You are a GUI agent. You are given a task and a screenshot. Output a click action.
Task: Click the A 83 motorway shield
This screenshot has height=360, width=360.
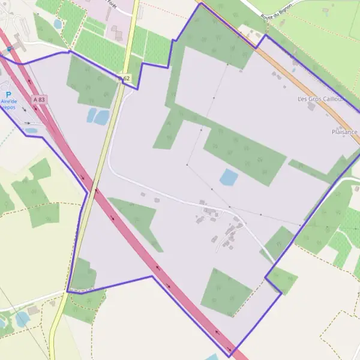40,99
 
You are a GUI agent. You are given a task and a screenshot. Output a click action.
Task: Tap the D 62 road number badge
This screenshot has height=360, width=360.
124,78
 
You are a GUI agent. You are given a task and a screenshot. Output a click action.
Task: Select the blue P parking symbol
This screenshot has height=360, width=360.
8,95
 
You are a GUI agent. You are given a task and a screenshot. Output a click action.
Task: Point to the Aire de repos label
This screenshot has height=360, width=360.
9,106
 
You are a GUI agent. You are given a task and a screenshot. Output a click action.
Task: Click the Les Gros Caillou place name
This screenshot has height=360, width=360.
320,98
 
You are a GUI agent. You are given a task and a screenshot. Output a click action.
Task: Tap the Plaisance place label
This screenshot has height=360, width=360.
344,131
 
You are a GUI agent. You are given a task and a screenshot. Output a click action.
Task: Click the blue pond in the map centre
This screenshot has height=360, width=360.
229,177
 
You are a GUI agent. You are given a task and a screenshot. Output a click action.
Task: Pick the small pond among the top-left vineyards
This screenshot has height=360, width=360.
58,24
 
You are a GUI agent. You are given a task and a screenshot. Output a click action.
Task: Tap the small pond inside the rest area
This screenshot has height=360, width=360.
31,130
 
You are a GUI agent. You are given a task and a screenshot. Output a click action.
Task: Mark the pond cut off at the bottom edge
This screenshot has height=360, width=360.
212,357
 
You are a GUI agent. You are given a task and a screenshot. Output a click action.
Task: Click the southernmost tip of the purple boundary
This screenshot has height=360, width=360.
231,356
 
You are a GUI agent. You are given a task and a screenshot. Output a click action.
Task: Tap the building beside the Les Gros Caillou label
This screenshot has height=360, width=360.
311,106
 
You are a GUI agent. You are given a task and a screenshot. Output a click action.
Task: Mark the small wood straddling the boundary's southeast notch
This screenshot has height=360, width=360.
282,280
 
